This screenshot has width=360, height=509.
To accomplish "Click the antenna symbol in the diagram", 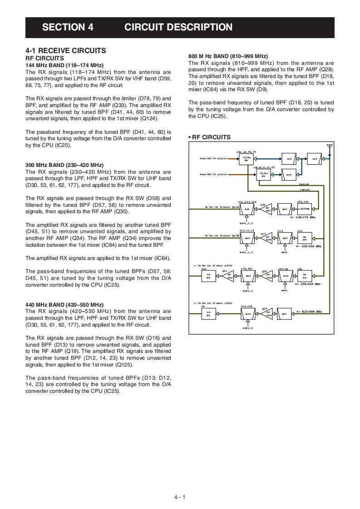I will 330,147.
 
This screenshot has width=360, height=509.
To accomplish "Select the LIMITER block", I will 304,209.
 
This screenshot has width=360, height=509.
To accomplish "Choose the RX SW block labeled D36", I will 209,275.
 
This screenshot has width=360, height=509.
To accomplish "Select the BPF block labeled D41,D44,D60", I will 247,209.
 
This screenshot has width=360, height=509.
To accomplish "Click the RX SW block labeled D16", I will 304,238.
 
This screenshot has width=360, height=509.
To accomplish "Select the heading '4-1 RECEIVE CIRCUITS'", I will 66,50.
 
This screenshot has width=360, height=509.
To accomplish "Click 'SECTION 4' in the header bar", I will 68,27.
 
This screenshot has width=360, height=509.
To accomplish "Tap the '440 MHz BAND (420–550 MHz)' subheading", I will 64,304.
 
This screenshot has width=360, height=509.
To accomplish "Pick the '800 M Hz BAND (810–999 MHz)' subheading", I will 228,56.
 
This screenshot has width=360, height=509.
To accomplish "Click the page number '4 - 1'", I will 180,497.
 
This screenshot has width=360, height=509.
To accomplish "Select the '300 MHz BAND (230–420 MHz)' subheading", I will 64,165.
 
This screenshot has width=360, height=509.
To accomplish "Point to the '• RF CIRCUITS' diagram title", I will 209,137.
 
